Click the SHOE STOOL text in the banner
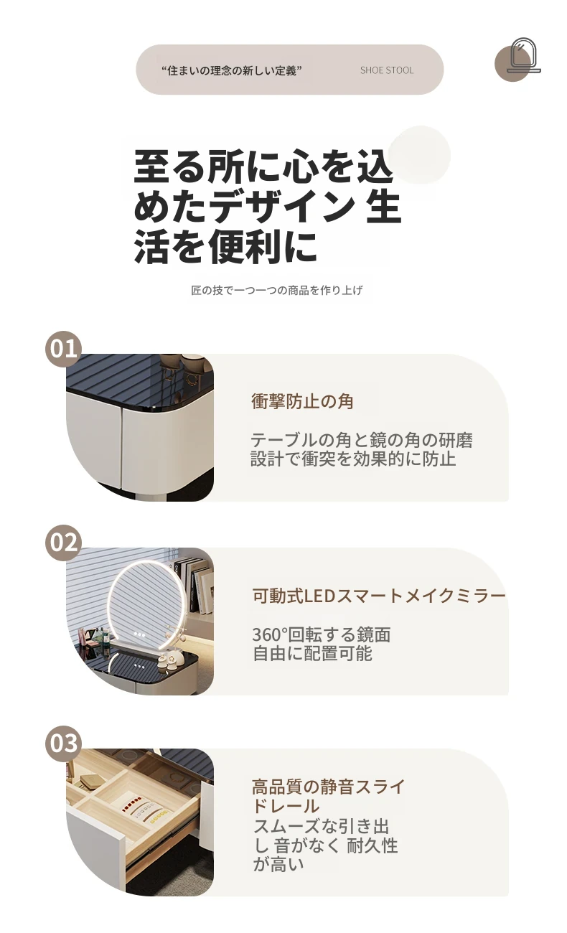pyautogui.click(x=387, y=70)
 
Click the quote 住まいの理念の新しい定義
pyautogui.click(x=231, y=70)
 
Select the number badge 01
pyautogui.click(x=63, y=349)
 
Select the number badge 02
pyautogui.click(x=63, y=543)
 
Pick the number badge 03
pyautogui.click(x=63, y=743)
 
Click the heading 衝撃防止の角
pyautogui.click(x=302, y=401)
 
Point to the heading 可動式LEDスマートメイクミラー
pyautogui.click(x=379, y=596)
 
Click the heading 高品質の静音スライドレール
pyautogui.click(x=328, y=796)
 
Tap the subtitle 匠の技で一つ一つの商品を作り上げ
pyautogui.click(x=277, y=290)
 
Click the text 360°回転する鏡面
pyautogui.click(x=322, y=634)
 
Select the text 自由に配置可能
pyautogui.click(x=312, y=653)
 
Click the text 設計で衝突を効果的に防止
pyautogui.click(x=353, y=459)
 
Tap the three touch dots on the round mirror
pyautogui.click(x=139, y=634)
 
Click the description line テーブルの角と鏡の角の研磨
pyautogui.click(x=362, y=440)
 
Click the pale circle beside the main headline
pyautogui.click(x=420, y=154)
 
